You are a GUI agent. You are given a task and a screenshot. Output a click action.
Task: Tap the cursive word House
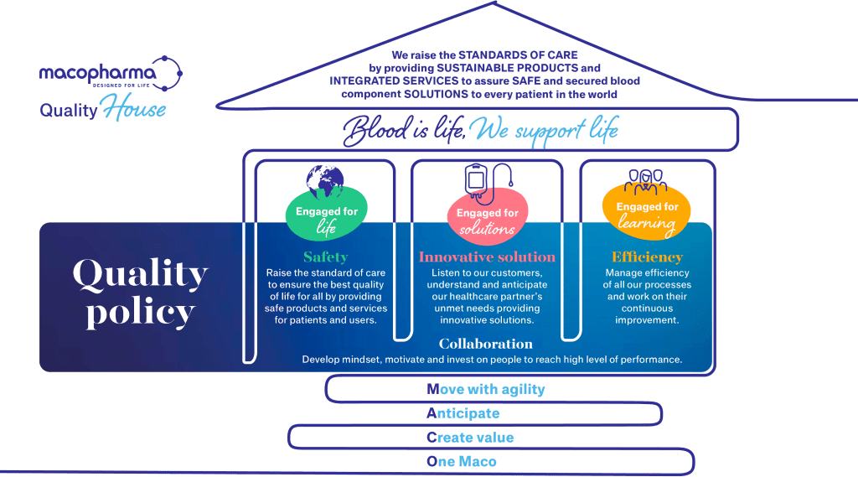134,110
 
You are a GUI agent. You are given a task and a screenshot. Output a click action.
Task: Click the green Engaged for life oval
327,216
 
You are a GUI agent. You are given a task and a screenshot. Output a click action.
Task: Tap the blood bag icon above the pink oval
478,179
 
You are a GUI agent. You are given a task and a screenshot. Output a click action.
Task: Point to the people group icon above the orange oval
646,179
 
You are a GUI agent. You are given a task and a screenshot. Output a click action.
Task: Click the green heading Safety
325,257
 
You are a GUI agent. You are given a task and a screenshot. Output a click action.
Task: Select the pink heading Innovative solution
487,257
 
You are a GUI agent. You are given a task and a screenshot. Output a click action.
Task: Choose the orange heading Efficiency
647,257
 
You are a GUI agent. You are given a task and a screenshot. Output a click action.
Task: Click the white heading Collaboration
486,344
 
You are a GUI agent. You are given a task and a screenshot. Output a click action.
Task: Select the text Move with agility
486,389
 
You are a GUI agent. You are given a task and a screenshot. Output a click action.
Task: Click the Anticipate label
463,413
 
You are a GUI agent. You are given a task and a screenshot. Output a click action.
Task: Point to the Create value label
470,438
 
